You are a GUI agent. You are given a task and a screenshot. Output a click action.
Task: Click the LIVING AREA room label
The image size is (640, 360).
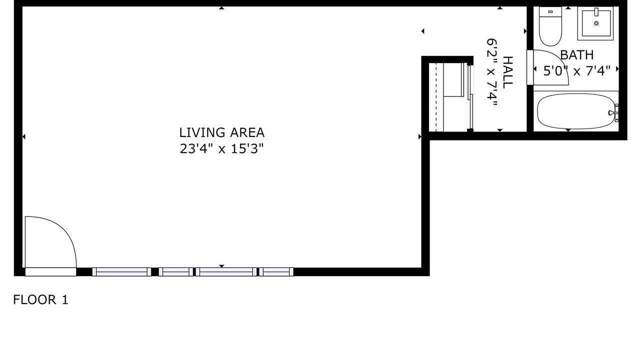(221, 132)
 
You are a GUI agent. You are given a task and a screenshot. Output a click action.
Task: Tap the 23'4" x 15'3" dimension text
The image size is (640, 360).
(221, 148)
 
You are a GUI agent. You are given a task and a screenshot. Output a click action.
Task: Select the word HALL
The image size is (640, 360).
(507, 72)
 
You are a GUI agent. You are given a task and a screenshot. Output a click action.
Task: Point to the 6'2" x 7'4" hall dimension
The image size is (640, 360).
(492, 72)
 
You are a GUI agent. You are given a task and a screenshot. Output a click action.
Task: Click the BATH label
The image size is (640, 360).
(577, 55)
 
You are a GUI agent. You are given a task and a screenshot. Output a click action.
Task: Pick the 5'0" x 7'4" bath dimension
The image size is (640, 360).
(577, 70)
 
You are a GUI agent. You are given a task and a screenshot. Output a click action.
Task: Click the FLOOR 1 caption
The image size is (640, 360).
(41, 299)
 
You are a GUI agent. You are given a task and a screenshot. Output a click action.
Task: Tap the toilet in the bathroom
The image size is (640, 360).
(550, 26)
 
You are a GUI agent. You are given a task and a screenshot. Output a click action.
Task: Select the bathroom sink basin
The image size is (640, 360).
(595, 23)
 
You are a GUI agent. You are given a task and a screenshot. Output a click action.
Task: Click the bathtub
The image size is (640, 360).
(575, 111)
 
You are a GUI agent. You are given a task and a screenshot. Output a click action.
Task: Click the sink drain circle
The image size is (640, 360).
(596, 23)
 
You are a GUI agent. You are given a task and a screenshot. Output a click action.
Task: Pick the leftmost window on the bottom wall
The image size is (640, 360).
(121, 271)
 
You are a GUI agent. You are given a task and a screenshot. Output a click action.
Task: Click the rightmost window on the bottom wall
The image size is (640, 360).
(276, 271)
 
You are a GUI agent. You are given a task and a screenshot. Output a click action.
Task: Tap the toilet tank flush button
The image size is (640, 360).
(550, 11)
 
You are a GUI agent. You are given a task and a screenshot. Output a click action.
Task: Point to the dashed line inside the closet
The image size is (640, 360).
(436, 97)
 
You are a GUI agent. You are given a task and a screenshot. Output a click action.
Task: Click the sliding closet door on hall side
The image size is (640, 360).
(470, 97)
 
